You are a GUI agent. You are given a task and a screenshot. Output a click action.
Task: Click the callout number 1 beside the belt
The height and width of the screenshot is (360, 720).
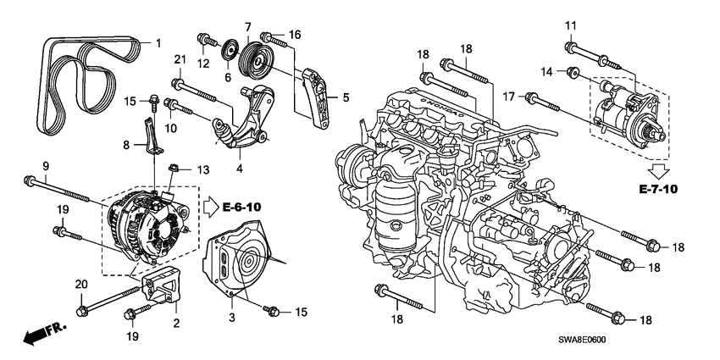[156, 41]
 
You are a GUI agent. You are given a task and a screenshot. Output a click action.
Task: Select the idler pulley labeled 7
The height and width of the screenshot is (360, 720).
[253, 59]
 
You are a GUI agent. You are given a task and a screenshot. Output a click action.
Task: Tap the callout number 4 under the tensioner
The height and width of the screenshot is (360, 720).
[241, 169]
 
